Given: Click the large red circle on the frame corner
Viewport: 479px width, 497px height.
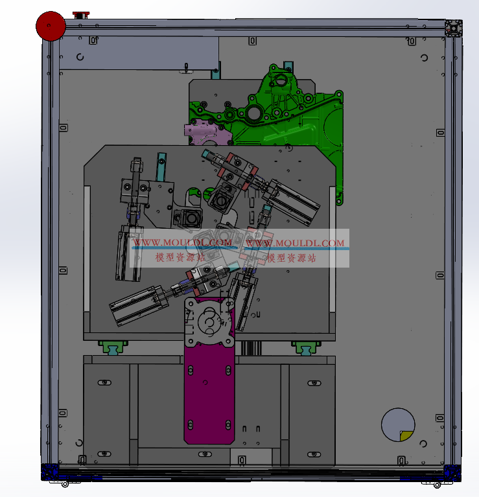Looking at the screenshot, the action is (x=51, y=27).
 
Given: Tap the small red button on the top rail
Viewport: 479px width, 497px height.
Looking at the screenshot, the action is (x=81, y=15).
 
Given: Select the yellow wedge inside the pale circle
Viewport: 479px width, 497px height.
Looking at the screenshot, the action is (x=406, y=436).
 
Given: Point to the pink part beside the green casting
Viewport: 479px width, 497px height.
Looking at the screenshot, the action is (x=207, y=133).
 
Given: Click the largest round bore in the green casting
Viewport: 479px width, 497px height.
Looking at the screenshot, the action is (x=253, y=113).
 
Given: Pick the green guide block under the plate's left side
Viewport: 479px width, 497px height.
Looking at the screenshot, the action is (x=113, y=347).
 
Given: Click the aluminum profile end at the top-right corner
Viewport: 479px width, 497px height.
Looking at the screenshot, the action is (x=454, y=29).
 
